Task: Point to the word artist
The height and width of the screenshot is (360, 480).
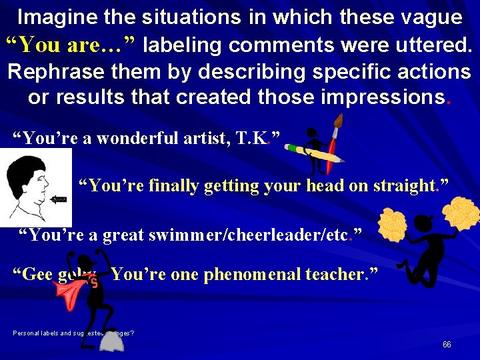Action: pyautogui.click(x=203, y=138)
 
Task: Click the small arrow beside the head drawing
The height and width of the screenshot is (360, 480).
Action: pyautogui.click(x=60, y=198)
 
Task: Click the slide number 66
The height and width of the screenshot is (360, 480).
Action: pyautogui.click(x=446, y=345)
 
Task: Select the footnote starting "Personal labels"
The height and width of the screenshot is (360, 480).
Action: pyautogui.click(x=73, y=333)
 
